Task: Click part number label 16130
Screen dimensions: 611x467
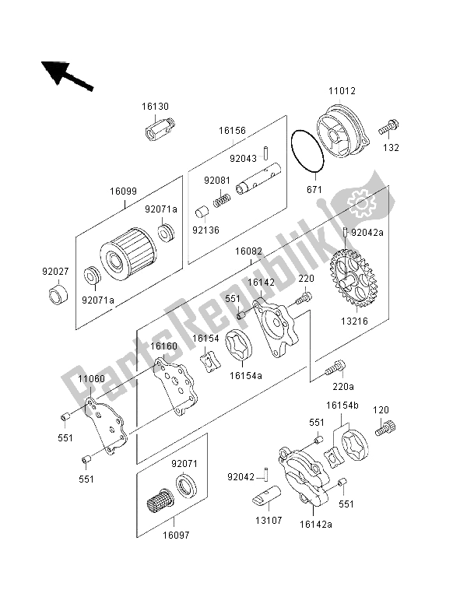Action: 156,107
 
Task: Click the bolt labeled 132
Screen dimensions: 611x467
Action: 390,125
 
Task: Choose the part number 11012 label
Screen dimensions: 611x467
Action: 341,91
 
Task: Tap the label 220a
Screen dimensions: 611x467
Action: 342,385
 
